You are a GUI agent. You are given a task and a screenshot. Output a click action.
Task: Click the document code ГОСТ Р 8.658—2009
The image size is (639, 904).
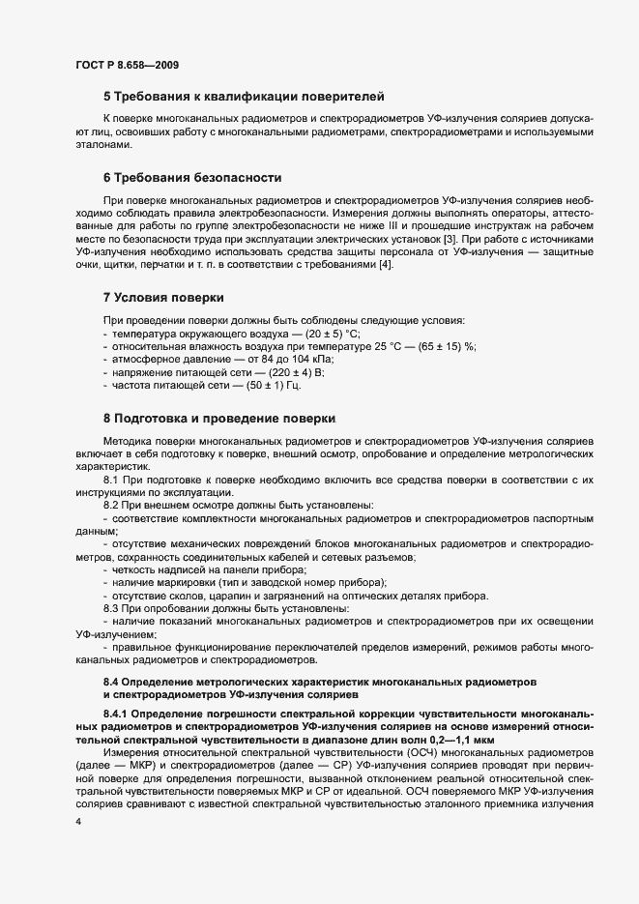tap(126, 65)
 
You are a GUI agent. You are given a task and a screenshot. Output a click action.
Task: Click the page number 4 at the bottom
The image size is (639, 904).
tap(78, 821)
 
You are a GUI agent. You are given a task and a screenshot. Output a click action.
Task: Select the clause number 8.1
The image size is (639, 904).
tap(111, 480)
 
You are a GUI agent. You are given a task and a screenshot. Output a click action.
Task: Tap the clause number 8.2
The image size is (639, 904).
tap(111, 506)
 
